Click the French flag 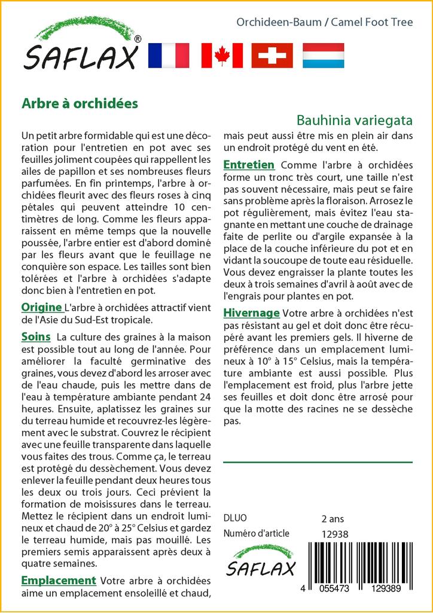pos(168,56)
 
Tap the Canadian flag pos(222,56)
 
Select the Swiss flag pos(272,56)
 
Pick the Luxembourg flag pos(323,56)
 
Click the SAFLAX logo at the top pos(81,48)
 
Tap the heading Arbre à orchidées pos(80,103)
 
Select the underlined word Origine pos(42,308)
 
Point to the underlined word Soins pos(36,336)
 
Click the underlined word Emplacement pos(59,580)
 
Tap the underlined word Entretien pos(249,165)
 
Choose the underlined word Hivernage pos(251,312)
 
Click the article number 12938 pos(335,534)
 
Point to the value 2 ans pos(333,518)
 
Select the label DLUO pos(235,518)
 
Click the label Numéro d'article pos(257,534)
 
